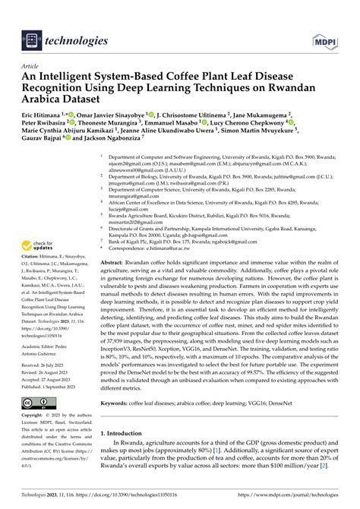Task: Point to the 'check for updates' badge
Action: pyautogui.click(x=37, y=246)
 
